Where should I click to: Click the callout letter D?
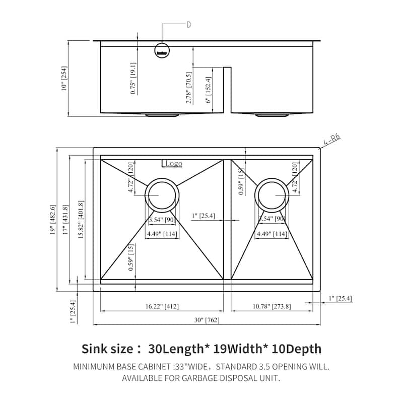188,25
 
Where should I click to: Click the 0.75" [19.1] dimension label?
133,78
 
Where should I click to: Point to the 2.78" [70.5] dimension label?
188,86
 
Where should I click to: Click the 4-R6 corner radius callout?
333,139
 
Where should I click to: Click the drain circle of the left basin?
162,194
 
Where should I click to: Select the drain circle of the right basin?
273,194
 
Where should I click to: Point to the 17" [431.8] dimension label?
64,220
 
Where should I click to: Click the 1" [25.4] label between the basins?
204,216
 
